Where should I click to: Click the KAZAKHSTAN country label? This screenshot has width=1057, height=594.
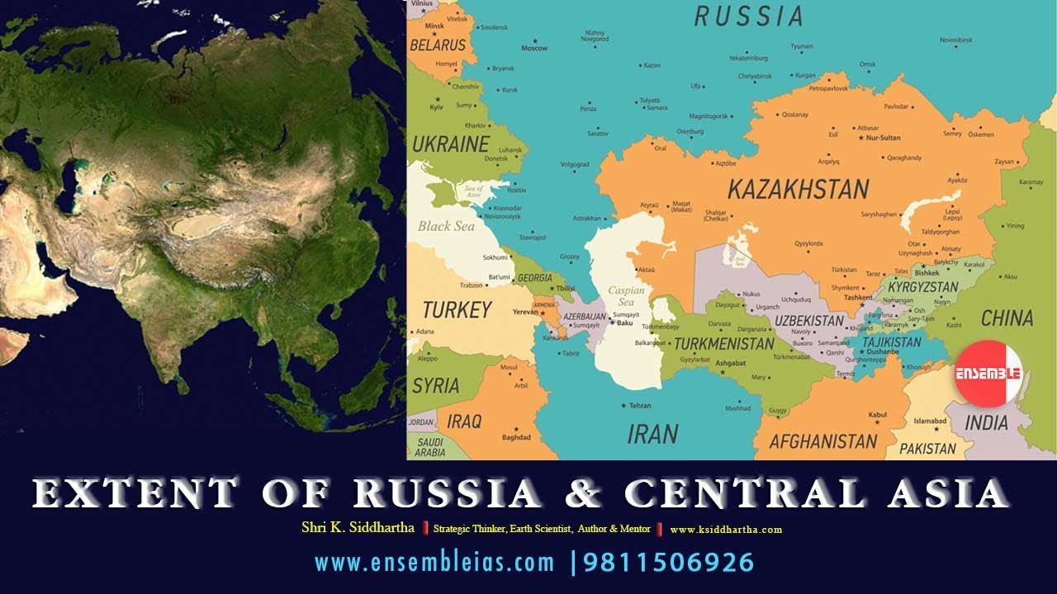[x=798, y=190]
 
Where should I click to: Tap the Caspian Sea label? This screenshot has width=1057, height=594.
[x=627, y=296]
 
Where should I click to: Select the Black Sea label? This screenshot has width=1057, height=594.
[x=446, y=226]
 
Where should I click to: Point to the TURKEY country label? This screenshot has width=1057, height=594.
[x=457, y=310]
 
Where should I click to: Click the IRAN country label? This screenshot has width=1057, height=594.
[x=652, y=433]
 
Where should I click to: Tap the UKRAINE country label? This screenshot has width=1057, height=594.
[x=450, y=144]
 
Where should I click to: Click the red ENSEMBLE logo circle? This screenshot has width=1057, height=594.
[x=988, y=373]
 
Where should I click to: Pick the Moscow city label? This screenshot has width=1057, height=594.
[x=534, y=48]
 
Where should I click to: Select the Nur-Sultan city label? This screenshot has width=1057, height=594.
[x=883, y=138]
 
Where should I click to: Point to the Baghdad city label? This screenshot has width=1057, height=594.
[x=516, y=437]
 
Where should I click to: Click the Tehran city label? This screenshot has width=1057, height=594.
[x=640, y=406]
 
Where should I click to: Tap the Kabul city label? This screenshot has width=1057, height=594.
[x=877, y=414]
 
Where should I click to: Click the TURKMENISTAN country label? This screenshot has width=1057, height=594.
[x=724, y=343]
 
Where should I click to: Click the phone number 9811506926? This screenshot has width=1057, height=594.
[x=669, y=563]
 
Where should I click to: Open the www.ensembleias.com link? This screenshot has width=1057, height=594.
[x=434, y=563]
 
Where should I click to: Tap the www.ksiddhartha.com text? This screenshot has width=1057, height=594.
[x=726, y=530]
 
